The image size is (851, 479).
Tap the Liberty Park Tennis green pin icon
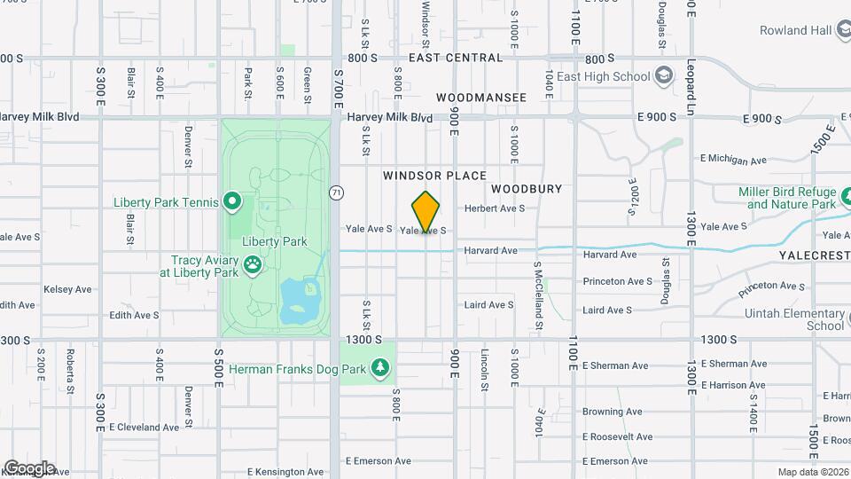(232, 202)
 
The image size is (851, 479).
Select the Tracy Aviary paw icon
(253, 263)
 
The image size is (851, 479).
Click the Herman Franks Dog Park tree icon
(381, 367)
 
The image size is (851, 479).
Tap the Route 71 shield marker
(336, 192)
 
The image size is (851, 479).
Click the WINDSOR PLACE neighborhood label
(434, 177)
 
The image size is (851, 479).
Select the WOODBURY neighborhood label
(527, 189)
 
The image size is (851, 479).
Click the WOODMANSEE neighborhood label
(480, 97)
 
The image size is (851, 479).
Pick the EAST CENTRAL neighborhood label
(456, 58)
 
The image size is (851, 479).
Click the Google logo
(29, 467)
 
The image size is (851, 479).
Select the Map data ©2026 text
(813, 472)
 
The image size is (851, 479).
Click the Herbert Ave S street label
(495, 208)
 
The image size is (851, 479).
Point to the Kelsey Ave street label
(68, 289)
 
